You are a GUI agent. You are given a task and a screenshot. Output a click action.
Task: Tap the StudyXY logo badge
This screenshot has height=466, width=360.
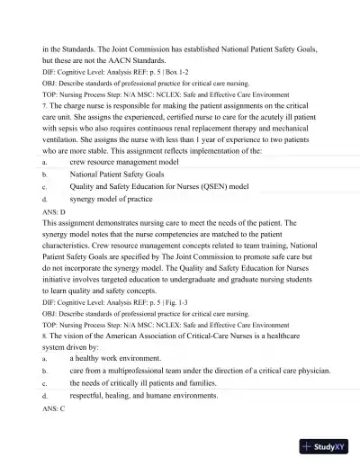tap(327, 445)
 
